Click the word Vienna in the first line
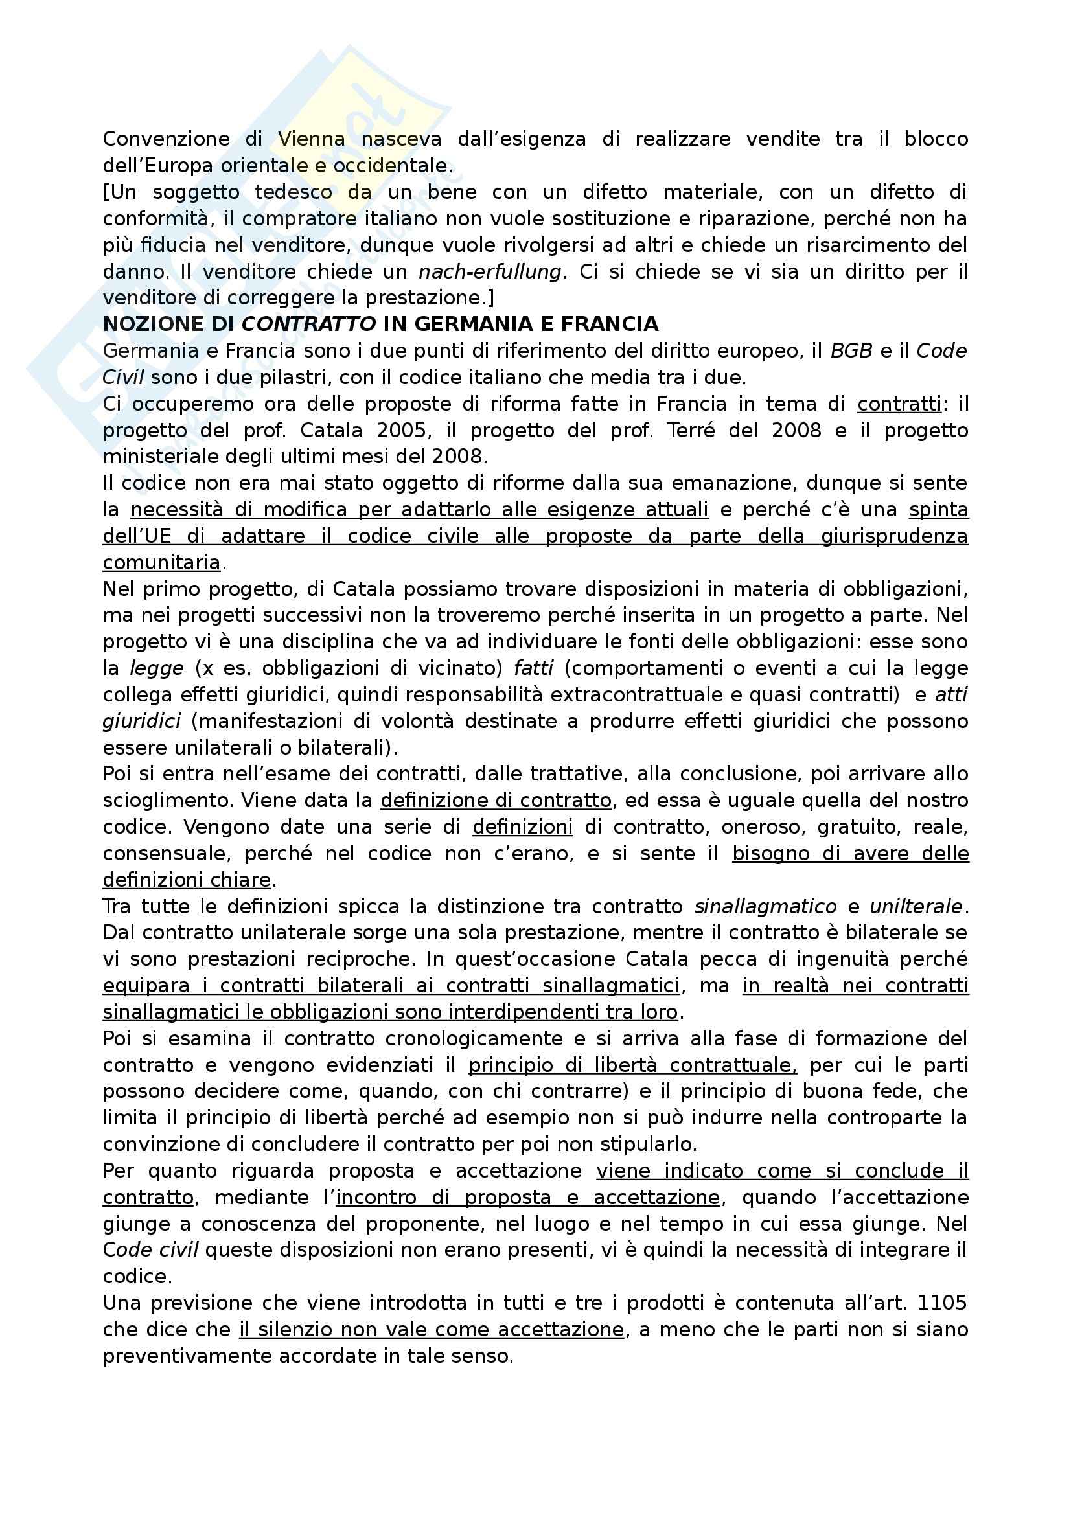311,139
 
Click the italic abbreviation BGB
851,351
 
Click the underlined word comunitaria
162,563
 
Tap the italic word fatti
533,668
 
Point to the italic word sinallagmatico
765,907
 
